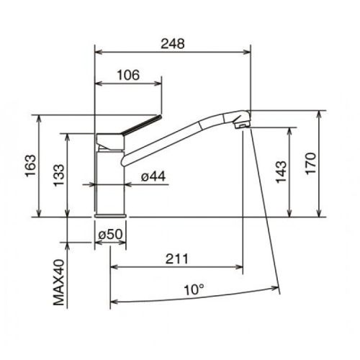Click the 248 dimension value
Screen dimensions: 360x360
pyautogui.click(x=173, y=43)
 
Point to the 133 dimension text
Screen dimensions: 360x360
pyautogui.click(x=59, y=175)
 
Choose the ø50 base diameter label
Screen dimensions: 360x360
pyautogui.click(x=111, y=234)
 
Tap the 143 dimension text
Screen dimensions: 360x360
pyautogui.click(x=282, y=172)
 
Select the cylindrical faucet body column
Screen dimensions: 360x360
pyautogui.click(x=111, y=180)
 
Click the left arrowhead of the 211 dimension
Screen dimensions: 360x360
pyautogui.click(x=113, y=266)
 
